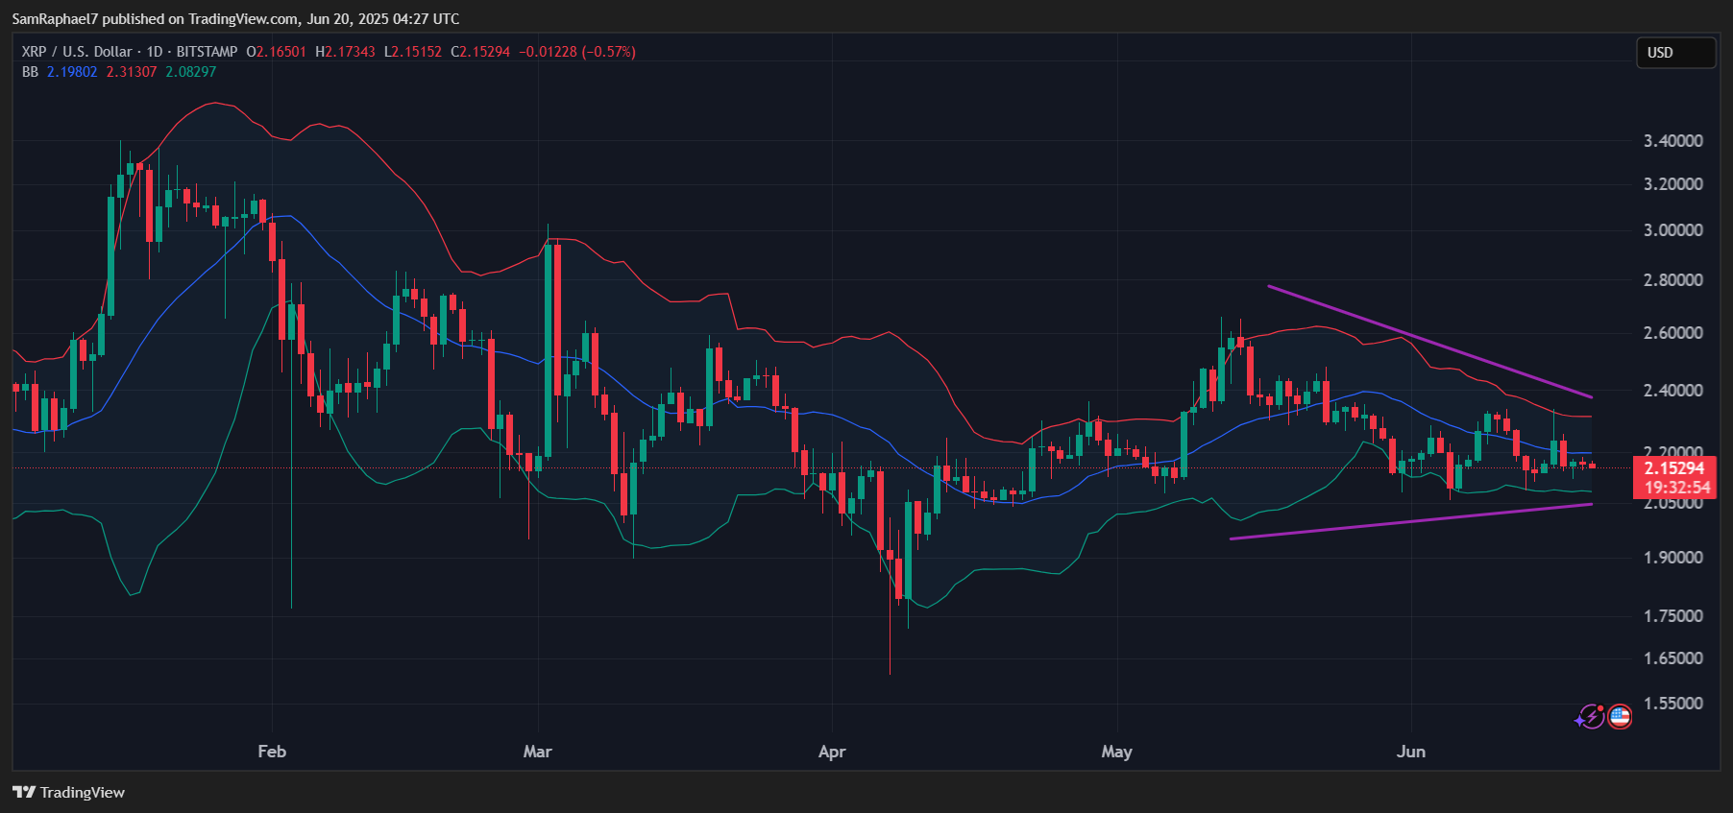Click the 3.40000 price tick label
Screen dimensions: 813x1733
[x=1672, y=141]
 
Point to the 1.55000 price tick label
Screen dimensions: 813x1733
[x=1672, y=704]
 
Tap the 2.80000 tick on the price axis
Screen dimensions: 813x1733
[x=1672, y=280]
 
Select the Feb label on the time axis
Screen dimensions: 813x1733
[x=272, y=752]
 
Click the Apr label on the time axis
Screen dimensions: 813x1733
[x=832, y=752]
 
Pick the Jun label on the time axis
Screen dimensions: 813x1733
[x=1410, y=752]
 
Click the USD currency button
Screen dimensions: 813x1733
[x=1675, y=53]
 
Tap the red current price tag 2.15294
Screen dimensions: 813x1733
[x=1674, y=468]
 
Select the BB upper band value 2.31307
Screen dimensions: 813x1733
[x=132, y=72]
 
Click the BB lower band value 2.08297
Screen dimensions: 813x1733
[x=190, y=72]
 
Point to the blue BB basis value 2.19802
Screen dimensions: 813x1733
[x=72, y=72]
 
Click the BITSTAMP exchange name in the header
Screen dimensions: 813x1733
[x=207, y=52]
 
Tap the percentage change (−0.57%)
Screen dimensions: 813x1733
[x=608, y=52]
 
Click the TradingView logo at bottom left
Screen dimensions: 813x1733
[x=69, y=792]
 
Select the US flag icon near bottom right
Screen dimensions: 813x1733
[x=1620, y=716]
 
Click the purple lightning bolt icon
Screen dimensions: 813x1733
[x=1591, y=717]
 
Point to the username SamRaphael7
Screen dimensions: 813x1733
[x=54, y=19]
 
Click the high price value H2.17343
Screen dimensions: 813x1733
[x=346, y=52]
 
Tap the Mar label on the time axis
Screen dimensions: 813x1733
[x=537, y=752]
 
